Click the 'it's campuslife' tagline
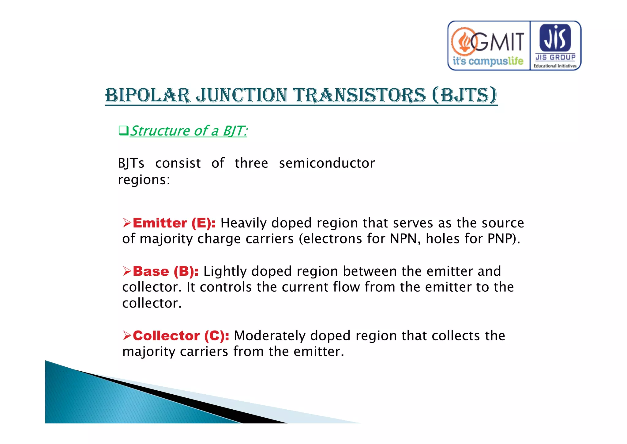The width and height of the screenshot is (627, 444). (x=488, y=61)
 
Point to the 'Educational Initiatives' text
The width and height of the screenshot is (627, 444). (x=555, y=66)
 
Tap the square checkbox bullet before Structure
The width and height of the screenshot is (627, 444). (x=123, y=131)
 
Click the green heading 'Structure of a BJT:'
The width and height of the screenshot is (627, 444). (x=189, y=131)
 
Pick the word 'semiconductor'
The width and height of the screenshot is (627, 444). (x=327, y=163)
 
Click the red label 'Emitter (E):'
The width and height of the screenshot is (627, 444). (x=174, y=223)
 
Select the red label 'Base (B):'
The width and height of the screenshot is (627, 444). (x=166, y=271)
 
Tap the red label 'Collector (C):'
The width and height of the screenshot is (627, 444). (x=181, y=336)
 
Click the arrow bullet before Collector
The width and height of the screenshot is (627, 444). (x=127, y=335)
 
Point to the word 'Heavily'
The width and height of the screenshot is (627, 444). (x=243, y=223)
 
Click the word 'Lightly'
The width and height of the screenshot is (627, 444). (x=225, y=271)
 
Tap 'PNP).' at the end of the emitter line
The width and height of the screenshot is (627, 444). (x=504, y=239)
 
